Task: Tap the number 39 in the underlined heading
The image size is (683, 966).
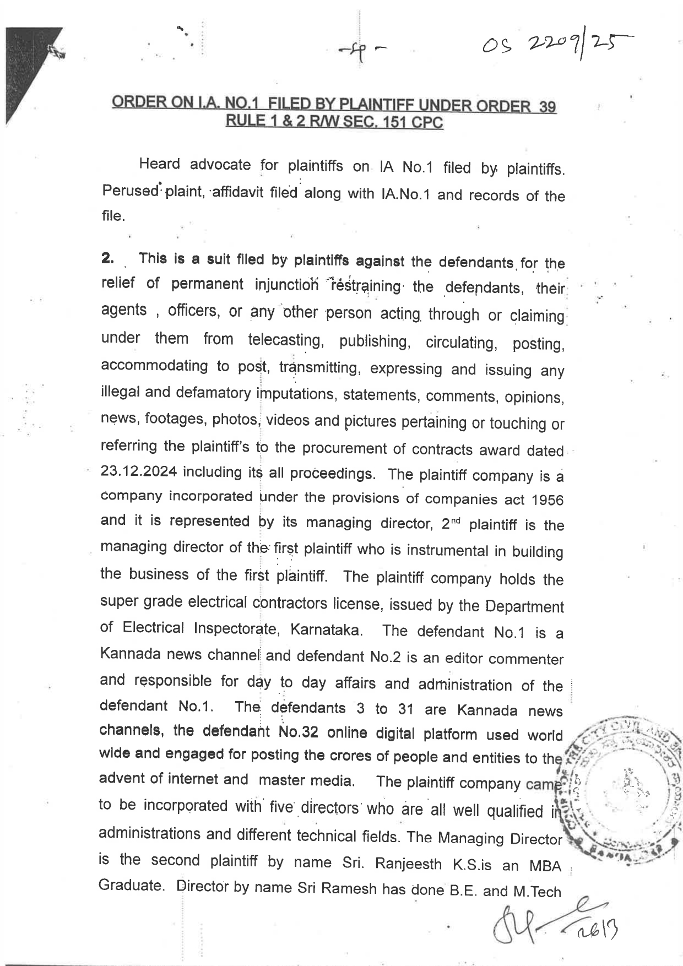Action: click(x=547, y=107)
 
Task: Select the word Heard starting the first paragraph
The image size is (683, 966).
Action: click(x=159, y=164)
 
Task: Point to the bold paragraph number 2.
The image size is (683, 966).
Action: click(x=107, y=258)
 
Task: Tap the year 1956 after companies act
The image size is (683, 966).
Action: click(x=548, y=500)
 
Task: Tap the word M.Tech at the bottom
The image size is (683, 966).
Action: click(x=536, y=892)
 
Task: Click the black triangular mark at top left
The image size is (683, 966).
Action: click(x=28, y=72)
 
